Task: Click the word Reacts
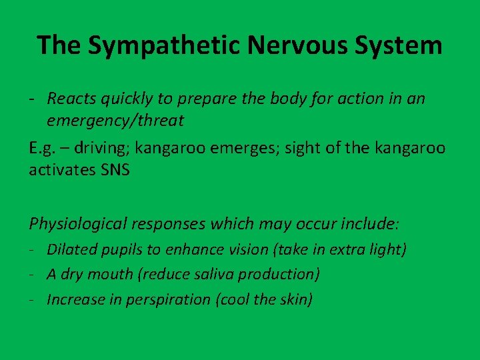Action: pos(69,99)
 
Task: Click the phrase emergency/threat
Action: pos(115,121)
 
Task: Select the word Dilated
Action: pos(71,250)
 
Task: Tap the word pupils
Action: pos(121,250)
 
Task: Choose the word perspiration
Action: pos(168,299)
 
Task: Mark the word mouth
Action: pos(104,275)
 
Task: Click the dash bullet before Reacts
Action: pos(32,99)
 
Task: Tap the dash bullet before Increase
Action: pos(32,299)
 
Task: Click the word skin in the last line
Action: pos(295,299)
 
